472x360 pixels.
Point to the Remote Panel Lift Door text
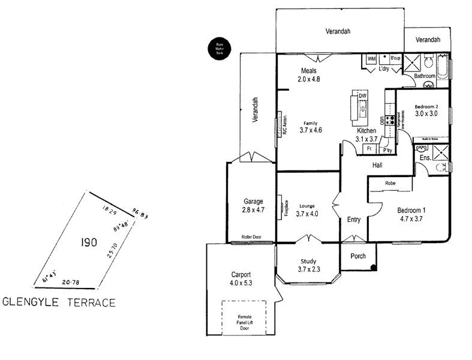point(244,322)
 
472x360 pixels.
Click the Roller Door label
point(251,237)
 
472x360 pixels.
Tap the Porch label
point(358,256)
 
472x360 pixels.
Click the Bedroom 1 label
point(411,214)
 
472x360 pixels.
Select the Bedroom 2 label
point(426,110)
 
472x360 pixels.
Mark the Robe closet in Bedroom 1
point(390,184)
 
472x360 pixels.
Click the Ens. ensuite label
point(425,158)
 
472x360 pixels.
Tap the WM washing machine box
point(371,59)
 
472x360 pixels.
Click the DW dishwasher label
point(362,96)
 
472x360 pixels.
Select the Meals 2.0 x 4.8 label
point(309,74)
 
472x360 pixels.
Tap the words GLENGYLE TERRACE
point(59,302)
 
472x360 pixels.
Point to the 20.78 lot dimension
point(71,281)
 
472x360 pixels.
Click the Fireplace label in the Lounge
point(287,208)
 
